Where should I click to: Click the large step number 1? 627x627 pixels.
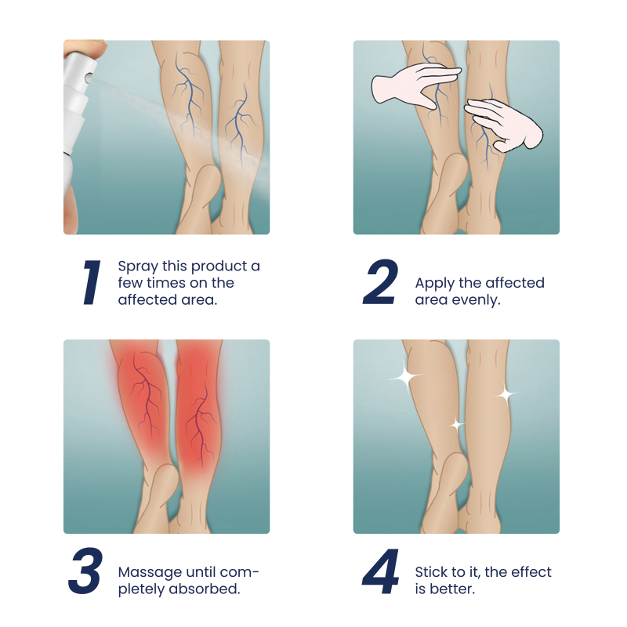coord(92,282)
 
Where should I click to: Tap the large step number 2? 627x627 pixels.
coord(381,282)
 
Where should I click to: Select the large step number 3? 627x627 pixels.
coord(85,571)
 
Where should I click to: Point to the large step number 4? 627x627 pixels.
coord(381,571)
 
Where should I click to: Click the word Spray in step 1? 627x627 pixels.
coord(138,266)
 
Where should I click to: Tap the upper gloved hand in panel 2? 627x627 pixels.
coord(416,88)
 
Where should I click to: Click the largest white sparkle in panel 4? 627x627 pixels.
coord(406,376)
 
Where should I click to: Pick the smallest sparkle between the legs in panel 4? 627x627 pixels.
coord(456,426)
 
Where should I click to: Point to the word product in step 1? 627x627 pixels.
coord(218,266)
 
